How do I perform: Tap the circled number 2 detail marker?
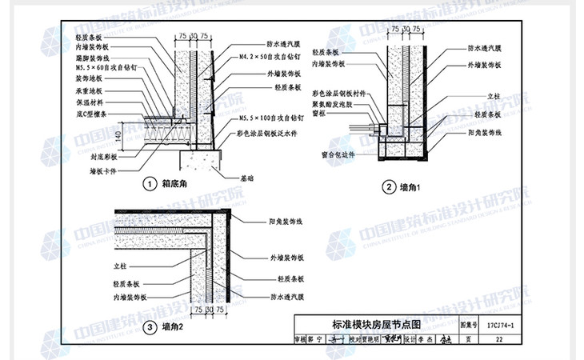coord(388,188)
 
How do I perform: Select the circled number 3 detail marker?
coord(150,327)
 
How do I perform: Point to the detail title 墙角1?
coord(412,188)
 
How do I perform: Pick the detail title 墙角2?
coord(173,327)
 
